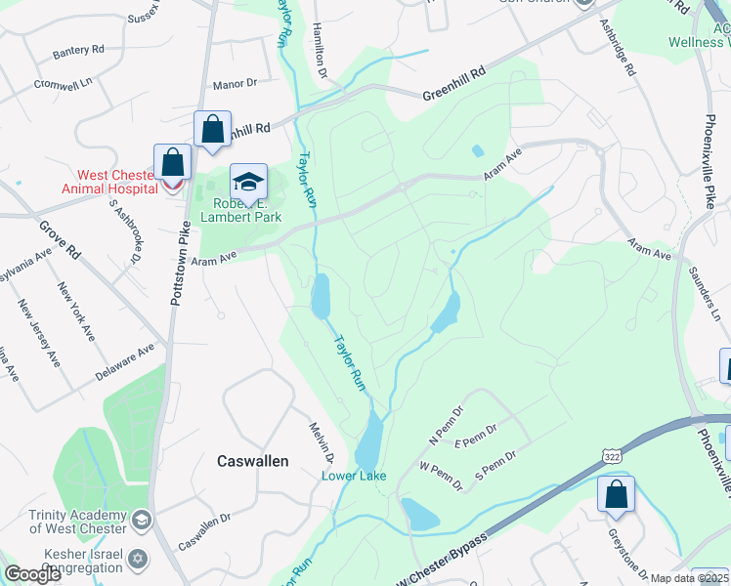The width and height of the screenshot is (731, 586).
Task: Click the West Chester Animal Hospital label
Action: click(x=102, y=183)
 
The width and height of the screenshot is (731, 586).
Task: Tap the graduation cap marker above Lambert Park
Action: click(x=249, y=181)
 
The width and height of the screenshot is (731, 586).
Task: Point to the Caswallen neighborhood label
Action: click(x=251, y=460)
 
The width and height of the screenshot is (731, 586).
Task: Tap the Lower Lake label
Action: click(x=355, y=476)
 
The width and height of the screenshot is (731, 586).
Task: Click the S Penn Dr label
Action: click(x=494, y=465)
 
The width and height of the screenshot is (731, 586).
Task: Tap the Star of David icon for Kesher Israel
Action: click(x=138, y=559)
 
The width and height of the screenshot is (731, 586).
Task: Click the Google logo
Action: click(x=32, y=574)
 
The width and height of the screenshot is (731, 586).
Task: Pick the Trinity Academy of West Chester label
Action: click(x=78, y=522)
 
